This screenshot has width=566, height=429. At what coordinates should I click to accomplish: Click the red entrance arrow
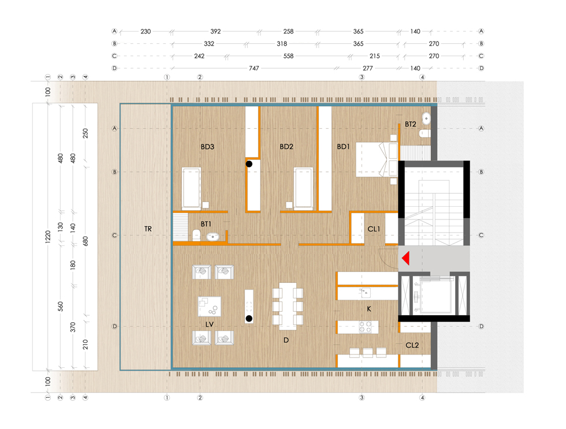405,258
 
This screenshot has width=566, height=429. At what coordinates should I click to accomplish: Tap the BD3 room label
207,147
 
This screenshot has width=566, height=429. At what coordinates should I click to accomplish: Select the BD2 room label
286,147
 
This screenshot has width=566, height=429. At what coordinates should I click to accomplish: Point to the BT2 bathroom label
411,124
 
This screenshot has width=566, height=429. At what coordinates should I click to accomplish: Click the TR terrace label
148,229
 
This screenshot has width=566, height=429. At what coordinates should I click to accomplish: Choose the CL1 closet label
374,229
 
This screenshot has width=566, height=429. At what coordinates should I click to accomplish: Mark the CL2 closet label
412,345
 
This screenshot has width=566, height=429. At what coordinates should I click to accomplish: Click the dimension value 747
254,68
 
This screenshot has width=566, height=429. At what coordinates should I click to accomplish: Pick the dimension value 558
288,56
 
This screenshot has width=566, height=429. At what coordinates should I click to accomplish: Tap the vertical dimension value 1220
48,237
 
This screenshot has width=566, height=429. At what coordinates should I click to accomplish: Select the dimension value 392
215,31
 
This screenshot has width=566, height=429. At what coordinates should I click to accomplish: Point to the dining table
288,306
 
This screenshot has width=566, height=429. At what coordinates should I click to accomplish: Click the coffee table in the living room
209,307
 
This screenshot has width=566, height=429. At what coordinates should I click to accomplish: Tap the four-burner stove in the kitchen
365,327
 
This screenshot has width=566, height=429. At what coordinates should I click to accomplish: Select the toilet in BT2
425,133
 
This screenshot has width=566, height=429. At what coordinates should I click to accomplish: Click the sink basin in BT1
213,237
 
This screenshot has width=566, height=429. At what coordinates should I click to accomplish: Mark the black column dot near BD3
249,164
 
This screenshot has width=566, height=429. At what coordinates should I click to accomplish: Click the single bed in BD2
303,188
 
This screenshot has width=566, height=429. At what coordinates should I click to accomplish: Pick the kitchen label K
369,309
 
